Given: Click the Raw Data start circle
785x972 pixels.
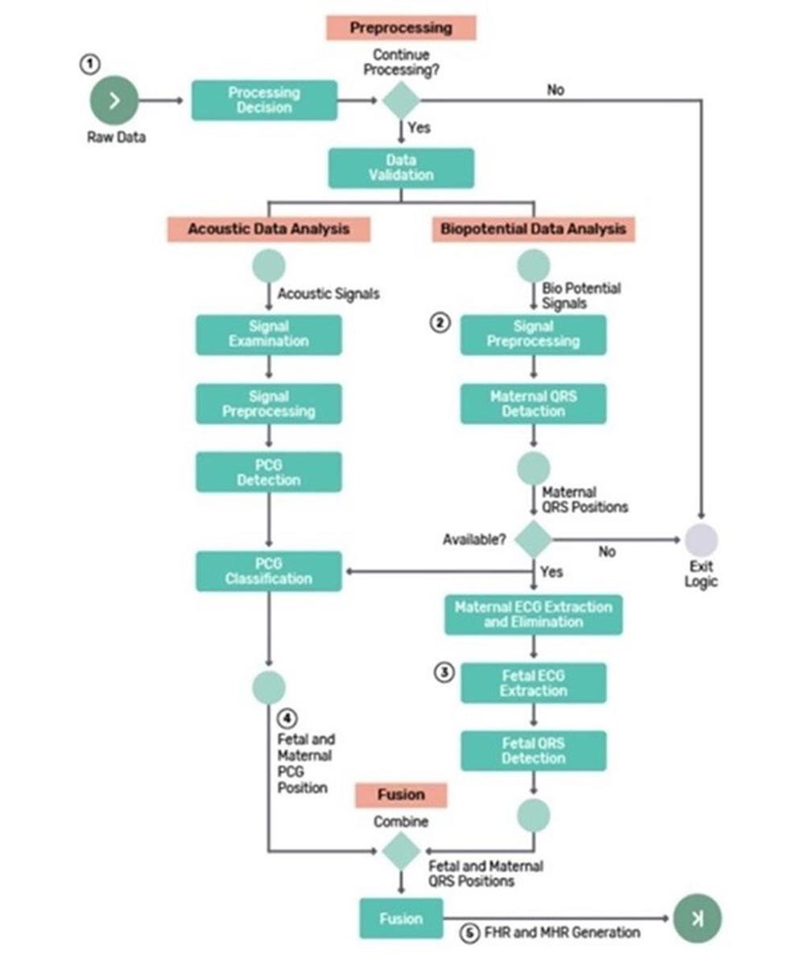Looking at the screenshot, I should click(114, 101).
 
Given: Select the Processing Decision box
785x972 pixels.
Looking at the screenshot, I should click(264, 101).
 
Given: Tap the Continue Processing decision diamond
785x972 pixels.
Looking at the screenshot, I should click(400, 101).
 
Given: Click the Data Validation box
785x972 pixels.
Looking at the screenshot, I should click(401, 168).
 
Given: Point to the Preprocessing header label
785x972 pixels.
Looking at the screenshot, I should click(401, 27).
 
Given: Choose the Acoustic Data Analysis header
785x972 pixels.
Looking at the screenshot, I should click(269, 229).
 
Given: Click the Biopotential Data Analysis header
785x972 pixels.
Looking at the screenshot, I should click(533, 229).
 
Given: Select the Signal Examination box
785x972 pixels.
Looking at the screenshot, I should click(268, 334).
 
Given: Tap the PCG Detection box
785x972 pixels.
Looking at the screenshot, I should click(268, 472).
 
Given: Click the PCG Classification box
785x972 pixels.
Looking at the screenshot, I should click(268, 571).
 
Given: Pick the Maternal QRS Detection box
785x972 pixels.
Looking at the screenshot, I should click(533, 403).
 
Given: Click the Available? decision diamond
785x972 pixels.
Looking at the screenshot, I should click(533, 540).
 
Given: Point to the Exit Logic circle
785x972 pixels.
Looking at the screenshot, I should click(701, 540).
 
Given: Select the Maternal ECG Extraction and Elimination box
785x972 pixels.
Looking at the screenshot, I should click(533, 614).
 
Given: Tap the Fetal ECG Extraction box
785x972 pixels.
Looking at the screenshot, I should click(533, 683).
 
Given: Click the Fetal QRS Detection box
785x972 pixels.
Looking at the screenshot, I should click(533, 751).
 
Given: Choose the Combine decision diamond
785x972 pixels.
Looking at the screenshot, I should click(400, 851).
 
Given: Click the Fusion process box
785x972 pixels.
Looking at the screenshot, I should click(401, 919).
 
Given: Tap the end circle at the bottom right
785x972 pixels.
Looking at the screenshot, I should click(697, 919).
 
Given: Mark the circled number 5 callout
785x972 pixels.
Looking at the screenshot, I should click(470, 933).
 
